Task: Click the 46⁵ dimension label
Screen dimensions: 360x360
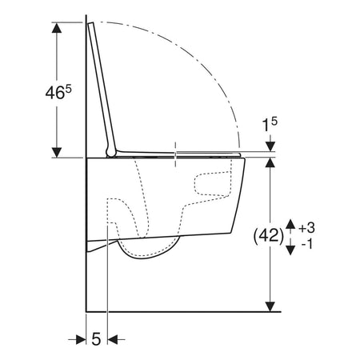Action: click(x=58, y=93)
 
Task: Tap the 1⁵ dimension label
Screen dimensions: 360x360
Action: click(x=270, y=124)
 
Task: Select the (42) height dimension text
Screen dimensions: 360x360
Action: click(x=268, y=236)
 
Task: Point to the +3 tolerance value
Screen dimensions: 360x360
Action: click(x=306, y=228)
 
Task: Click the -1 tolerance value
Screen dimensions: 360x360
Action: click(x=306, y=244)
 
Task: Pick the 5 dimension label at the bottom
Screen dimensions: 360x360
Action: click(x=96, y=339)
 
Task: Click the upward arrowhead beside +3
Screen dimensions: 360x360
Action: click(x=290, y=224)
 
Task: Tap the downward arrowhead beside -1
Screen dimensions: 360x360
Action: click(x=290, y=250)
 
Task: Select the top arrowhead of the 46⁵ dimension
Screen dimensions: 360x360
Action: click(x=56, y=28)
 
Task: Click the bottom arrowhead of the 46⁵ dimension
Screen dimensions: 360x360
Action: click(x=56, y=152)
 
